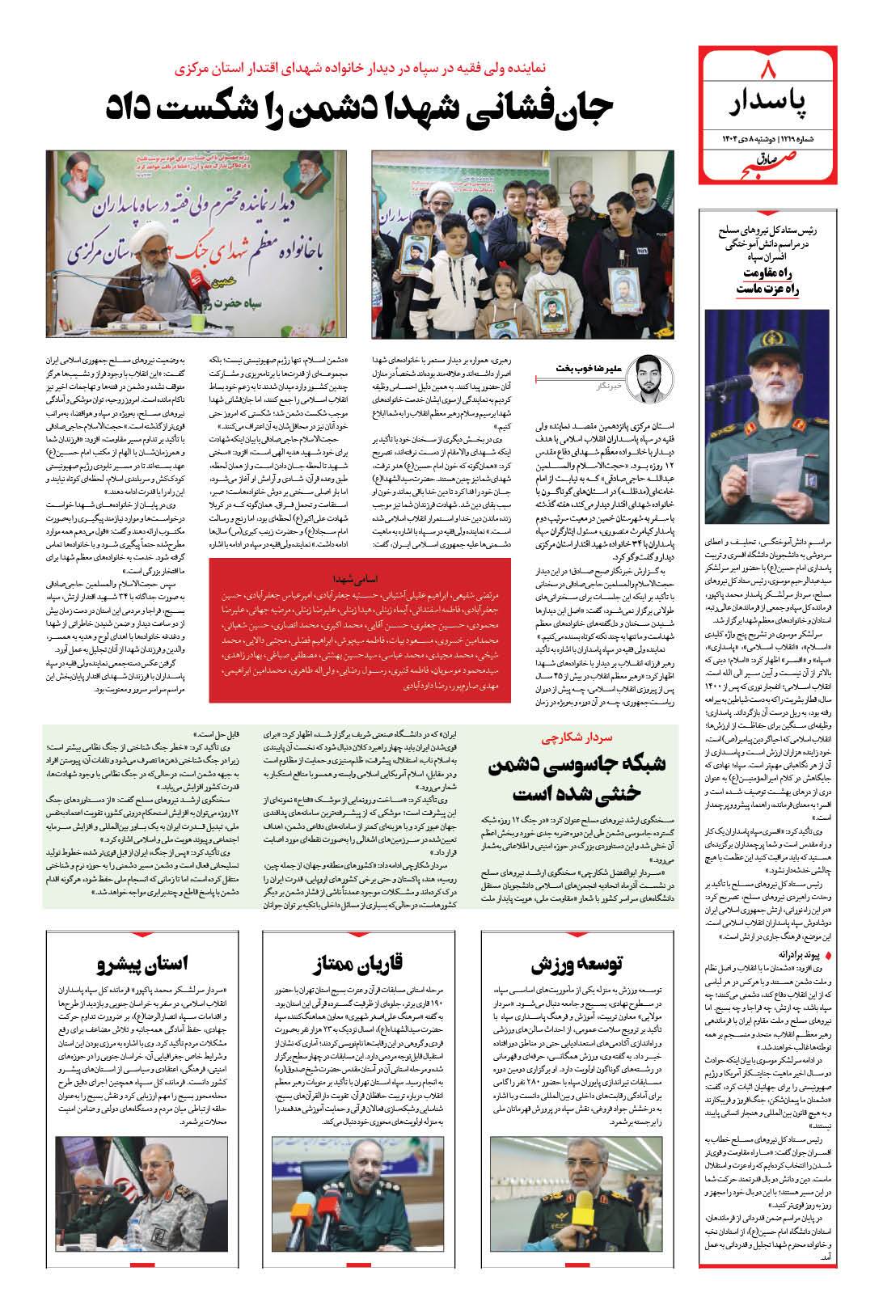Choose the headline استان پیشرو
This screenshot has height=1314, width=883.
pyautogui.click(x=142, y=963)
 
